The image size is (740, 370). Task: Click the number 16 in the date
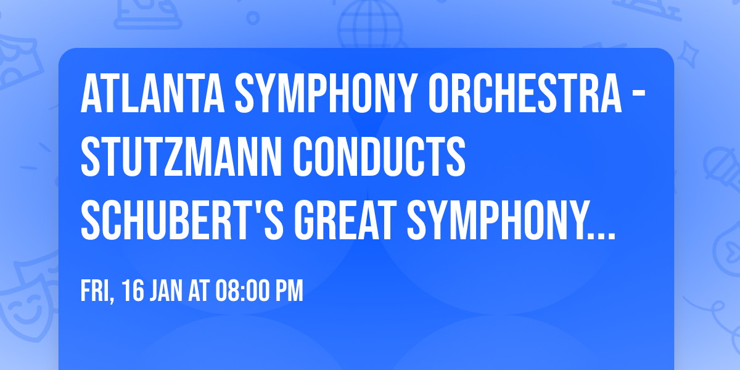(x=133, y=291)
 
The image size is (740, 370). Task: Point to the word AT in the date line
(x=199, y=291)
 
